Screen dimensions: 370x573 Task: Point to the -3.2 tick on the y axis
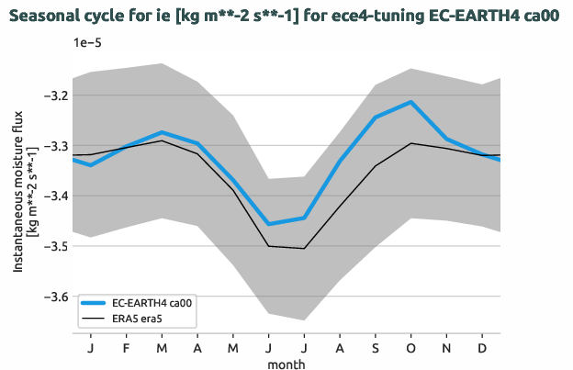click(53, 95)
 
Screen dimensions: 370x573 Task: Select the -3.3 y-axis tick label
click(53, 146)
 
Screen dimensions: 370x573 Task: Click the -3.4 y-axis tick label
click(53, 196)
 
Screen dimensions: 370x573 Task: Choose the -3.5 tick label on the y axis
click(53, 246)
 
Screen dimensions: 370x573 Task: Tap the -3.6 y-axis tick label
click(53, 297)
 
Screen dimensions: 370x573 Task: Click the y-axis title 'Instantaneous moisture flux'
click(17, 197)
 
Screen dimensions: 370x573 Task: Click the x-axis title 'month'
click(286, 364)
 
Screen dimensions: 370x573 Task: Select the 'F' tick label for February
click(126, 349)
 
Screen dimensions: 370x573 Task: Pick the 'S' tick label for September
click(375, 349)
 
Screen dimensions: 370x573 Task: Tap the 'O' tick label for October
click(410, 349)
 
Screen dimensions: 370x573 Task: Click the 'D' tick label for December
click(482, 349)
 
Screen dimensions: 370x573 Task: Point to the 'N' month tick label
click(446, 349)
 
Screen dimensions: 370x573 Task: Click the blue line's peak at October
click(410, 102)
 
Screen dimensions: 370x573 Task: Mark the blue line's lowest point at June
click(268, 224)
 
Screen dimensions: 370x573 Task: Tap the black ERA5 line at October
click(410, 143)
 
